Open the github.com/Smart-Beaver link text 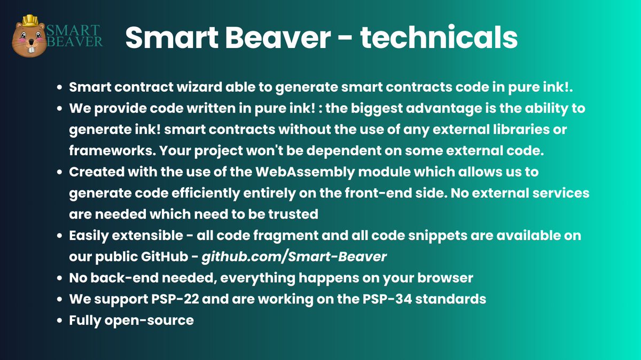point(294,257)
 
